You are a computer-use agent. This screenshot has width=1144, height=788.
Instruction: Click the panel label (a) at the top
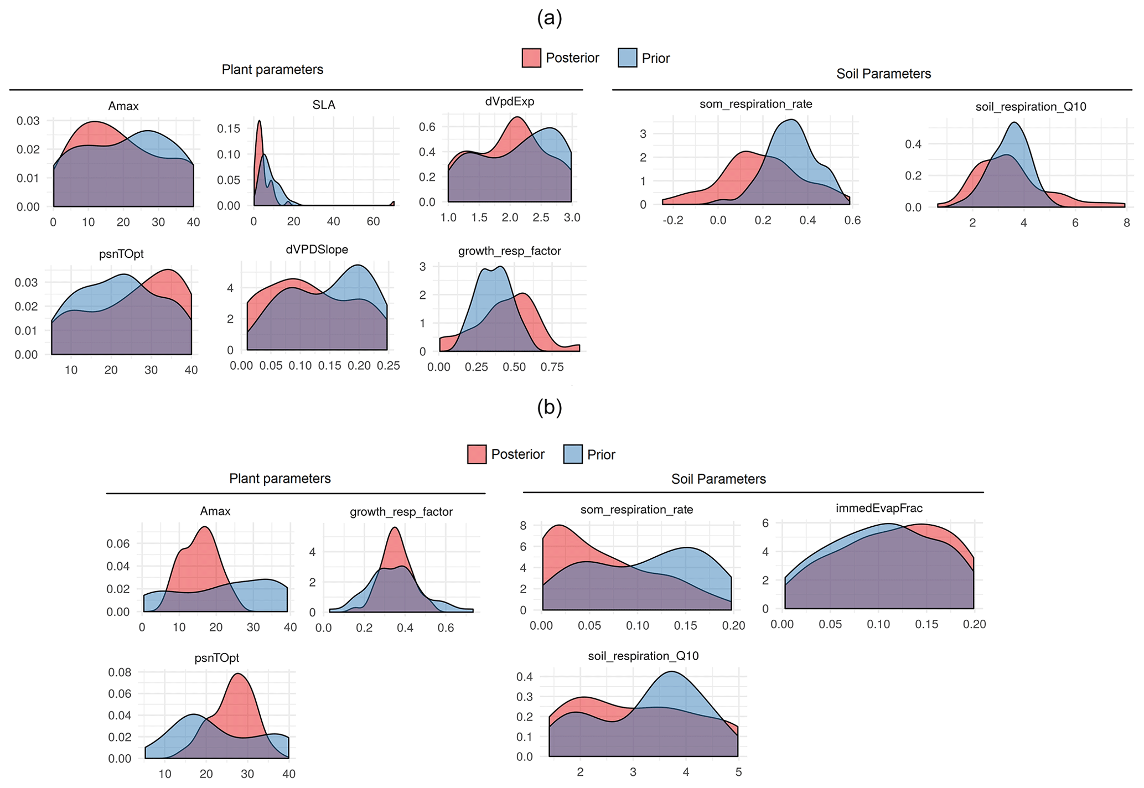[549, 18]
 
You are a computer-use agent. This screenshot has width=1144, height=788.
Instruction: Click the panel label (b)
[549, 407]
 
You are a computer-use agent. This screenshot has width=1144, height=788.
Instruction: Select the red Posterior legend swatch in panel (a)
[531, 58]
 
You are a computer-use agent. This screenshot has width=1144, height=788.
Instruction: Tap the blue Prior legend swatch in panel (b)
[573, 454]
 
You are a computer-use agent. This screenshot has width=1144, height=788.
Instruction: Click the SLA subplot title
[324, 105]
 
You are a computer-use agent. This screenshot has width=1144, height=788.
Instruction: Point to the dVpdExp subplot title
[509, 101]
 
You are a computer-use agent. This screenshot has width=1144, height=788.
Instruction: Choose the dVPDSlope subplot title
[317, 250]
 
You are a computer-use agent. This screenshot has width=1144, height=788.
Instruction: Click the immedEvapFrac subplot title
[879, 508]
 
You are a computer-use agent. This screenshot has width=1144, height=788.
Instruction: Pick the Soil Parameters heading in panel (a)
[883, 74]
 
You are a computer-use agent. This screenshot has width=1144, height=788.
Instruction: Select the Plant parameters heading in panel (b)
[279, 479]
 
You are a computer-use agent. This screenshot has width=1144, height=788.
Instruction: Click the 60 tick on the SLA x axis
[373, 221]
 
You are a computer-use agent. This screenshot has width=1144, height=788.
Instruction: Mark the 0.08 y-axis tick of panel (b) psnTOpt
[120, 672]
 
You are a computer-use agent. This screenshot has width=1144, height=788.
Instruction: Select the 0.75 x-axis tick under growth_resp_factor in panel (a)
[552, 367]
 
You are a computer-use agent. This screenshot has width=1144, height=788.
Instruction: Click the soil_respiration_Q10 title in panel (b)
[643, 656]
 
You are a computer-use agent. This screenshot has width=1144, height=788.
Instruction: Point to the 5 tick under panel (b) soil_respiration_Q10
[738, 772]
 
